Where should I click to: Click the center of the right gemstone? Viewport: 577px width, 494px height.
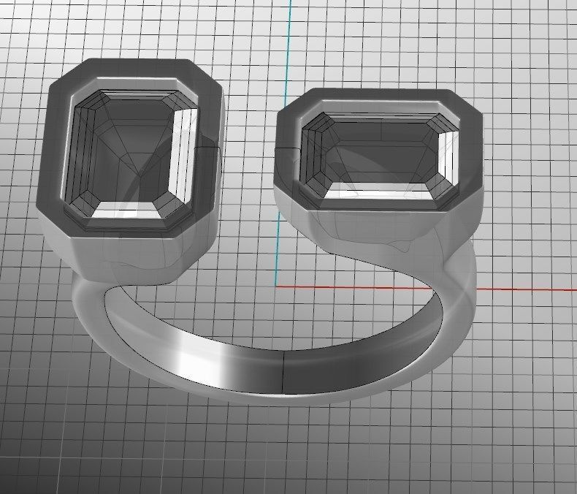[382, 153]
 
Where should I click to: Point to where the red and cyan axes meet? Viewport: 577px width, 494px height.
[278, 286]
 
